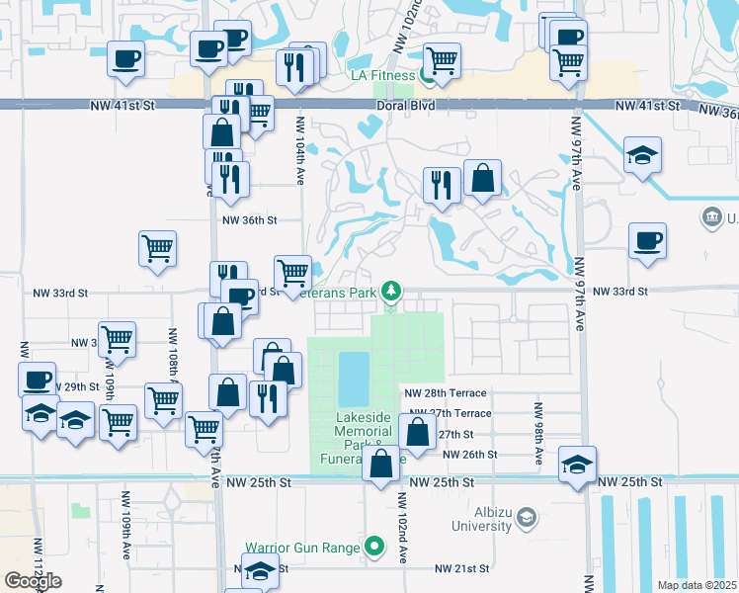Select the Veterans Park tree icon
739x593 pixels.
coord(392,291)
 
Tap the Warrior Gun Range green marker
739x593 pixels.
coord(373,546)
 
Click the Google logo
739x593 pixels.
coord(33,582)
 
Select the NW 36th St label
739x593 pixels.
coord(249,220)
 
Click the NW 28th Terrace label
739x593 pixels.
coord(447,393)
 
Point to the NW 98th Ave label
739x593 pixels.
coord(538,434)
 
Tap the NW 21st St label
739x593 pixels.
coord(462,569)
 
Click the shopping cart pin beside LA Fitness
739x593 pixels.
coord(442,60)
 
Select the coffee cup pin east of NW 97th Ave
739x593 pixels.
coord(647,240)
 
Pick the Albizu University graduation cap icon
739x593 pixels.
coord(527,516)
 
